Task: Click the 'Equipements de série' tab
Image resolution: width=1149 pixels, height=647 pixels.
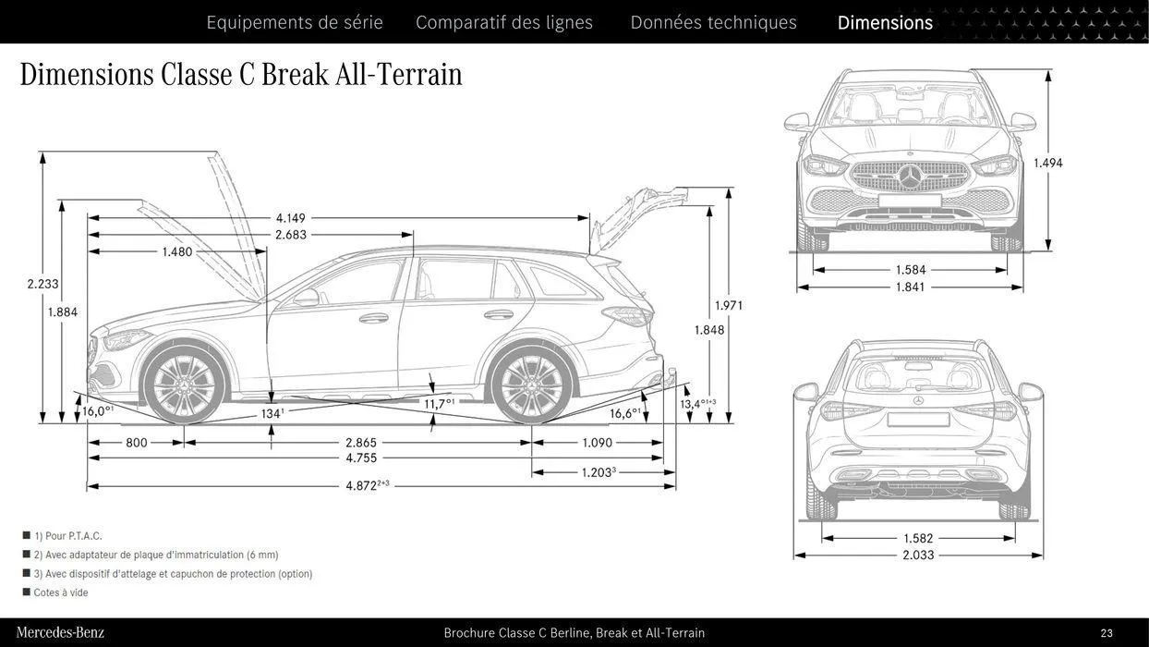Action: (x=294, y=22)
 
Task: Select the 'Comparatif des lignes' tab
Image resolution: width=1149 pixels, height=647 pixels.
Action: (x=504, y=22)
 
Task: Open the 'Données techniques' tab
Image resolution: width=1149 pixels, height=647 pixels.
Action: (x=713, y=22)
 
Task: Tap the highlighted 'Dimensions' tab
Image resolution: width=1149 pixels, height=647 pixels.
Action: (x=885, y=22)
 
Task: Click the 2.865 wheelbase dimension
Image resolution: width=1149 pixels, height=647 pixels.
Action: (x=361, y=443)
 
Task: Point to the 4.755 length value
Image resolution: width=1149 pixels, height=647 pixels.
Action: (x=361, y=458)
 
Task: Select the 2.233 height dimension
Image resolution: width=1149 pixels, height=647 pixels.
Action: (x=42, y=285)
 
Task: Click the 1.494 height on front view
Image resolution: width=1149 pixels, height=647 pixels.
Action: (x=1047, y=164)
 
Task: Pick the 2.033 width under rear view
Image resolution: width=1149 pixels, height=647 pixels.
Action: (x=918, y=555)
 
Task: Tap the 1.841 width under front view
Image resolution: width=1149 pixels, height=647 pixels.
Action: (x=910, y=287)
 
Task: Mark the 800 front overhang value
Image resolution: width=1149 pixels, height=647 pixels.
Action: (x=137, y=443)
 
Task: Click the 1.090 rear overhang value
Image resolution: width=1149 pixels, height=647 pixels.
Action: (x=597, y=443)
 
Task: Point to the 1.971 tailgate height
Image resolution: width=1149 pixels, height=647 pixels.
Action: (x=729, y=306)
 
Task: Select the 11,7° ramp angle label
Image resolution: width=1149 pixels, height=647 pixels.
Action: (x=439, y=404)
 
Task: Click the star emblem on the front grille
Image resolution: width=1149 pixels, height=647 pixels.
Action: (x=911, y=177)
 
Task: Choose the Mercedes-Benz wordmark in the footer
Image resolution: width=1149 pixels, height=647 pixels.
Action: (x=60, y=633)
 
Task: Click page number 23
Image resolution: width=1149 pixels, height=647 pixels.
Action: (x=1107, y=633)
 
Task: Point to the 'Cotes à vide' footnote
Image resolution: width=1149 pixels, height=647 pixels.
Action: (x=61, y=592)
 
